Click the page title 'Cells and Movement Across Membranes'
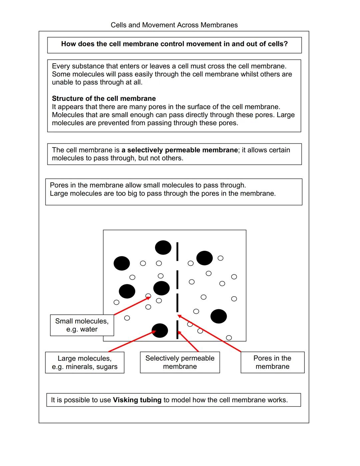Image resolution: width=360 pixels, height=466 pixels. click(174, 25)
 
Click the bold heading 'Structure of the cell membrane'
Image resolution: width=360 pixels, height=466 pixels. click(104, 98)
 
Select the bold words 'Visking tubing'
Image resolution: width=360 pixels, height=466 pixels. click(137, 400)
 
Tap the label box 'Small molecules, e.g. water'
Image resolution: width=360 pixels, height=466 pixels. click(82, 325)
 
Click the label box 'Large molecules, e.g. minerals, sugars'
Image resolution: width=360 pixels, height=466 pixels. click(85, 363)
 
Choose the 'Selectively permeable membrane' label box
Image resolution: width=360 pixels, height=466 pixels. click(180, 362)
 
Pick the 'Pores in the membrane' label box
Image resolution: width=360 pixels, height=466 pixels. click(272, 362)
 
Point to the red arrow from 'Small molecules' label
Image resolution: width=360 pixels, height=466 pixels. click(132, 306)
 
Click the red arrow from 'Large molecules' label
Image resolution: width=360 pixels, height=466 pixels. click(132, 341)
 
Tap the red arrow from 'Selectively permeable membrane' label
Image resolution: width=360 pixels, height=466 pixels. click(188, 341)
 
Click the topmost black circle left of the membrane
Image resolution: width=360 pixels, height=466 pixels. click(163, 248)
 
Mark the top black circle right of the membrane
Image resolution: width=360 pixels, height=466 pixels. click(204, 258)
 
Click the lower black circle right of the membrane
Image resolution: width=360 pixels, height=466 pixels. click(219, 316)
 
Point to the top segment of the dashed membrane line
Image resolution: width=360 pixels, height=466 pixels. click(177, 252)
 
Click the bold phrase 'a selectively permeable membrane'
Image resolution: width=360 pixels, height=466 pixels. click(180, 150)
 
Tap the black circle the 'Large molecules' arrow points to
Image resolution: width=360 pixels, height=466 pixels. click(160, 331)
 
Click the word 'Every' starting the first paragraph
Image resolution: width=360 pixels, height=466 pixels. click(61, 66)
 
